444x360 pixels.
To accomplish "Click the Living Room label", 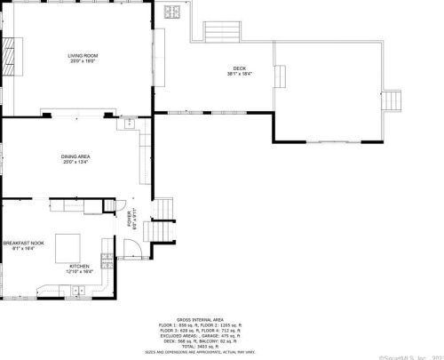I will click(83, 55).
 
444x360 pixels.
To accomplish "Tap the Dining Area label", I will click(75, 156).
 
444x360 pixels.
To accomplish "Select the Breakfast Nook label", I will click(19, 243).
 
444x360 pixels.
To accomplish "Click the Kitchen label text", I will click(80, 265).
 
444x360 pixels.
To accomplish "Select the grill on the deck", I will click(173, 12).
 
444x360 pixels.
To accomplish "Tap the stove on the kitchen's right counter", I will click(107, 260).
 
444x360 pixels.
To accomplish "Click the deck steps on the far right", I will click(392, 100).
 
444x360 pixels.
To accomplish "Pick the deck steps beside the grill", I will click(218, 33).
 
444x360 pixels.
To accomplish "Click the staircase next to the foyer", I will click(158, 230).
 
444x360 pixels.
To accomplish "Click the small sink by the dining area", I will click(129, 124).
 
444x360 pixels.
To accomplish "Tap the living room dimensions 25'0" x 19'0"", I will click(83, 61).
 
